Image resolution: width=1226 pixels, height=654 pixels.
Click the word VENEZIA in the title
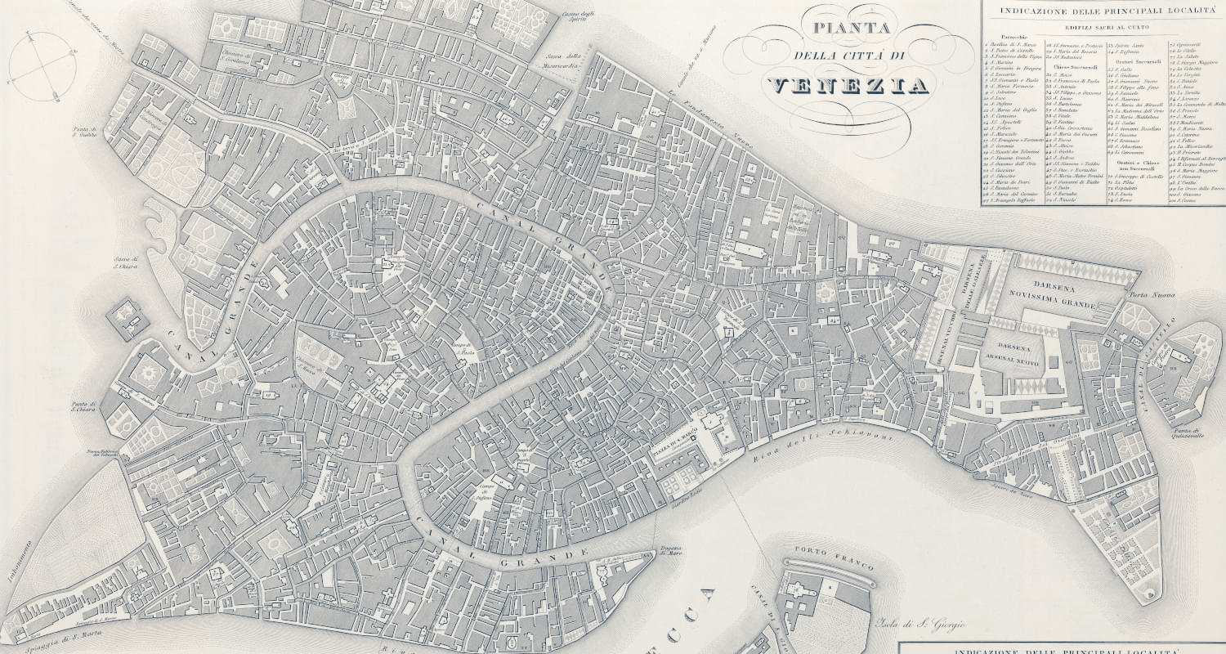(849, 86)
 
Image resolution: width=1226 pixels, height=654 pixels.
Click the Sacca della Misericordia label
(563, 60)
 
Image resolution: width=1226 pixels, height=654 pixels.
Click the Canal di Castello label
(1144, 368)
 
